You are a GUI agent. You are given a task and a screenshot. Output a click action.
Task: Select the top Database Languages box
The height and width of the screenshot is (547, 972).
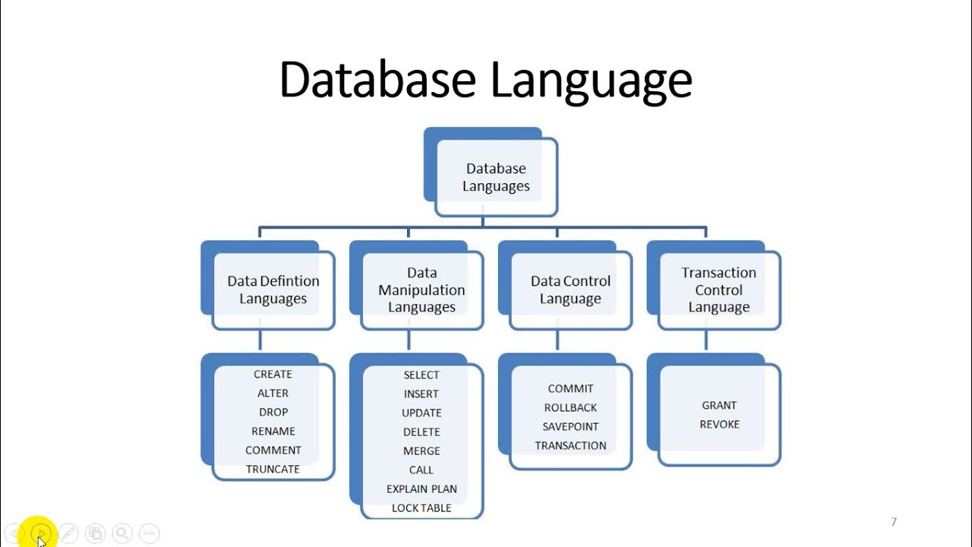click(497, 177)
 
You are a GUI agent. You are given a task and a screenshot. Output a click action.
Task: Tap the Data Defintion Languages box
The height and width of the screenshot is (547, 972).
click(273, 289)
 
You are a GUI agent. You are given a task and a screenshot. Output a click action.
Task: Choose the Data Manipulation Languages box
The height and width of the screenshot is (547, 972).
click(421, 289)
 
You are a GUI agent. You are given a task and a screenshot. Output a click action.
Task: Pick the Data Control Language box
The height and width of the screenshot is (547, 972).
click(570, 289)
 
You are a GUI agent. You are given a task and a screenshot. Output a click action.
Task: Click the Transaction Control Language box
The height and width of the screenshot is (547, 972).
click(719, 289)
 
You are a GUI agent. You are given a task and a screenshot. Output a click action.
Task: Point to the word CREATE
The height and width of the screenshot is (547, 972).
click(273, 375)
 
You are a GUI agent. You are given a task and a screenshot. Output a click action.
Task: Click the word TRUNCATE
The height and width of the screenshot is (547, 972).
click(273, 470)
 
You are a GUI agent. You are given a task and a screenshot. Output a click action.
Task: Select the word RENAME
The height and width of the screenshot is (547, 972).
click(273, 432)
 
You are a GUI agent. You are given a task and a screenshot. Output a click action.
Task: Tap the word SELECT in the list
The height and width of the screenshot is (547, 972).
click(421, 375)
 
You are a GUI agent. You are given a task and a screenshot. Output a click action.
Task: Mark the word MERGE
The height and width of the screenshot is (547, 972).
click(421, 451)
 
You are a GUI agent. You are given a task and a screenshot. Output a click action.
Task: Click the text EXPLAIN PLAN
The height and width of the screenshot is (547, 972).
click(421, 489)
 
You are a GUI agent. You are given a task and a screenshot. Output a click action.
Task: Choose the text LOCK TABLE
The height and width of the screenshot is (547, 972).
click(421, 508)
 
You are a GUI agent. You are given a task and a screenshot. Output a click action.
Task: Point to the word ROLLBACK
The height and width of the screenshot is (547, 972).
click(570, 408)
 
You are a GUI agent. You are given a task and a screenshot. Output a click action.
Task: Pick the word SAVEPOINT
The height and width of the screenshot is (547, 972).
click(570, 427)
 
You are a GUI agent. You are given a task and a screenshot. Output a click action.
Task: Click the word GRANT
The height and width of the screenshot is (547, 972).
click(719, 406)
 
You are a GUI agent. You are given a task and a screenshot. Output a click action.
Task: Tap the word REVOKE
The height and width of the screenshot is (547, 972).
click(719, 425)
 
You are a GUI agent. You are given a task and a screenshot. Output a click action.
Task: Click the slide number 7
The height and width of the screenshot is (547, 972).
click(894, 522)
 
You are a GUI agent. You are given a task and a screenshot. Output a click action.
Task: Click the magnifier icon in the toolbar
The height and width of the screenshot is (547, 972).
click(121, 533)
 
